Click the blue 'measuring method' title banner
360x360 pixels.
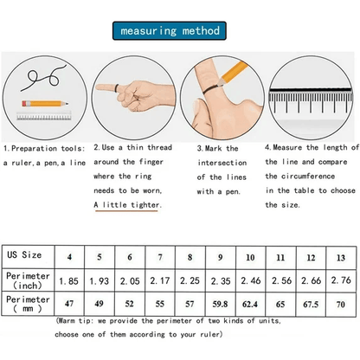point(170,30)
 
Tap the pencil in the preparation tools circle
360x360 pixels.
point(45,103)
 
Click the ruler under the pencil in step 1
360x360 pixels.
point(44,116)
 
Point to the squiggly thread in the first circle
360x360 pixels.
point(43,78)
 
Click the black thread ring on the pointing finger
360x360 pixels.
point(117,88)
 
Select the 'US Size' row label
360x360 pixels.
point(24,254)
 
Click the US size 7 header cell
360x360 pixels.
point(160,257)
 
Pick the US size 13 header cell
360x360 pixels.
point(341,257)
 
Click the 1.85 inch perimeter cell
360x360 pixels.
point(69,280)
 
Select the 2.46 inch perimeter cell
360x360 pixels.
point(251,280)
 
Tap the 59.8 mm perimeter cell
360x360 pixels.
point(220,304)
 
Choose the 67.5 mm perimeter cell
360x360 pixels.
point(311,305)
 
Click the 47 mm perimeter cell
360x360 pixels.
point(69,304)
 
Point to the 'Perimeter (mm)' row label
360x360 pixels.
point(28,304)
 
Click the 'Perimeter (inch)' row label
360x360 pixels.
point(28,280)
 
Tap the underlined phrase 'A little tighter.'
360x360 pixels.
point(127,205)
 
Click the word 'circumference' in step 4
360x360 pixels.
point(308,176)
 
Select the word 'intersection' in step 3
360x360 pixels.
point(222,163)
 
